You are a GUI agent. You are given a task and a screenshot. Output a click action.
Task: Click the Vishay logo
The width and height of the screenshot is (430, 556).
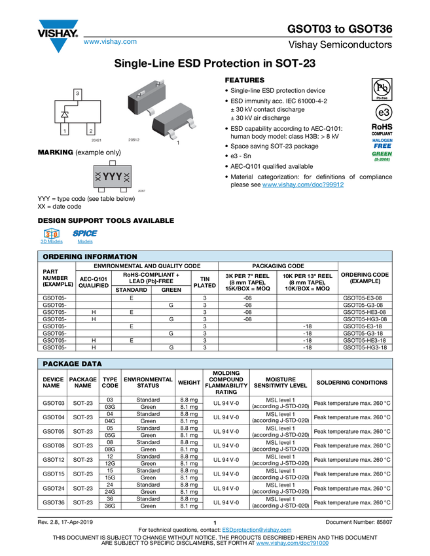[58, 35]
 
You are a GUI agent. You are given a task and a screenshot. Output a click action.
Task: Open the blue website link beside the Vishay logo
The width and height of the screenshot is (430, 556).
[110, 43]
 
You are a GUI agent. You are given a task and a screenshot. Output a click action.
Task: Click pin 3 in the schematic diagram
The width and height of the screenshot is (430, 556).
[78, 94]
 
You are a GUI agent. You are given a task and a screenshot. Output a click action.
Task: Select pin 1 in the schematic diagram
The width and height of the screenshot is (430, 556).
[65, 131]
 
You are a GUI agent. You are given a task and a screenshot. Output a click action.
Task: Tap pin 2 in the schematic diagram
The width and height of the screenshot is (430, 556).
[90, 131]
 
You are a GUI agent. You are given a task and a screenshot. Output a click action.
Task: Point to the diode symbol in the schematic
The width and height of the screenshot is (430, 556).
[65, 114]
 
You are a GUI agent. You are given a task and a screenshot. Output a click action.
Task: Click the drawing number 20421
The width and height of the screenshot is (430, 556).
[96, 141]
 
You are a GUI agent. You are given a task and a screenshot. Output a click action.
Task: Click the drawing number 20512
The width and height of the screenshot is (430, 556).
[134, 141]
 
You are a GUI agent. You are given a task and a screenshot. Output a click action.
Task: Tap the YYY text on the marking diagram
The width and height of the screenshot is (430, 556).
[113, 177]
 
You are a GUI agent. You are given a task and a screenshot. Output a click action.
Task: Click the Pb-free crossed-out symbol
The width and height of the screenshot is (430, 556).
[382, 88]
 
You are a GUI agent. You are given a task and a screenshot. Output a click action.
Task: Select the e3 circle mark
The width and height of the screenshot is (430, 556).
[382, 112]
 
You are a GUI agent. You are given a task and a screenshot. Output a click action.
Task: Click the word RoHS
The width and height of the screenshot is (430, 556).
[382, 127]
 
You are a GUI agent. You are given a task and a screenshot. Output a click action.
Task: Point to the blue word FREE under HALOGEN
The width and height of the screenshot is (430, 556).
[382, 146]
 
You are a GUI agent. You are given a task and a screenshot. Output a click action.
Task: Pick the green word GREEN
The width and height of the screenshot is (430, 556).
[382, 154]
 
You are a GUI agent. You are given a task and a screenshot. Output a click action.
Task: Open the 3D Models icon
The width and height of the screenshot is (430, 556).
[52, 236]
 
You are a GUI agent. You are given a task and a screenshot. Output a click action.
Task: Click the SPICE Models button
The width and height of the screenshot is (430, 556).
[85, 236]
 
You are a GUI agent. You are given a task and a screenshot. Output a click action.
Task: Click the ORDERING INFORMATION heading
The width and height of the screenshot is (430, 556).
[90, 257]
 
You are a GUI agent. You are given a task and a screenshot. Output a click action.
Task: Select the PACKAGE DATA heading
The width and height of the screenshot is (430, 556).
[72, 364]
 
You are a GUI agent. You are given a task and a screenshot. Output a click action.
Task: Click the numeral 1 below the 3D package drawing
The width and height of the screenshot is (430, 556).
[178, 142]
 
